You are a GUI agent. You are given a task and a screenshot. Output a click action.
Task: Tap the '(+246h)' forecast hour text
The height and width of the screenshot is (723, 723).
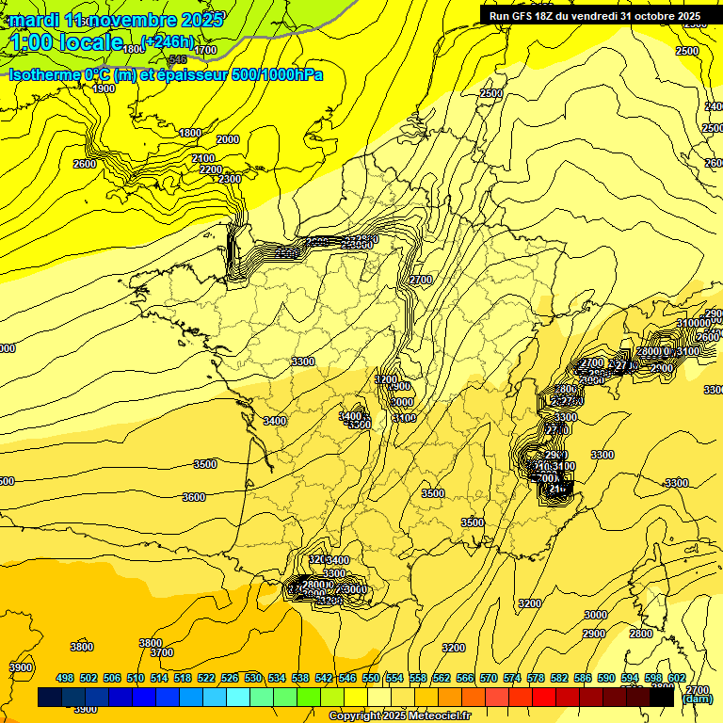(x=168, y=40)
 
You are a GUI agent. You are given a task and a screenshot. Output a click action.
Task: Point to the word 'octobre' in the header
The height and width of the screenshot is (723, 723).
(x=651, y=16)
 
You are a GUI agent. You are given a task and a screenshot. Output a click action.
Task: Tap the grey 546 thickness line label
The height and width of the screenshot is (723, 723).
(x=178, y=59)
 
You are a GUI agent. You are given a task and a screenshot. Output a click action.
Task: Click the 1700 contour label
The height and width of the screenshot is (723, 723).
(x=205, y=50)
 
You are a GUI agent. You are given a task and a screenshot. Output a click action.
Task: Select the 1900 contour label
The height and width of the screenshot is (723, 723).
(x=104, y=88)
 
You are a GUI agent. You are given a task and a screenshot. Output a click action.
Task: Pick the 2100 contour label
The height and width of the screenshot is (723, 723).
(x=203, y=158)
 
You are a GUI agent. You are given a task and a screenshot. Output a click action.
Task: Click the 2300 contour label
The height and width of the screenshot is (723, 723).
(x=230, y=178)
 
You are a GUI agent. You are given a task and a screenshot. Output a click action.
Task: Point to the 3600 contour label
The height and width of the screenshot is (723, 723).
(x=194, y=497)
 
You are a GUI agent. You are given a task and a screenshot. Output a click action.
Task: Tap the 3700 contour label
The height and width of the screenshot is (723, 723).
(x=162, y=652)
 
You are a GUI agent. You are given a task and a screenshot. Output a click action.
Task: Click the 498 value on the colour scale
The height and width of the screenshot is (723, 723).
(x=65, y=678)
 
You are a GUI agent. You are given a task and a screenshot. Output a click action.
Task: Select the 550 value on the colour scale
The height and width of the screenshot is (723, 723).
(x=371, y=678)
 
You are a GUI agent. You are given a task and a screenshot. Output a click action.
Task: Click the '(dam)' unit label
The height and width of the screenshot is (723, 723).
(x=698, y=699)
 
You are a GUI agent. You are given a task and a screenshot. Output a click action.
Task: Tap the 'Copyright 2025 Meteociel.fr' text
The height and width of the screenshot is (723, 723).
(x=399, y=716)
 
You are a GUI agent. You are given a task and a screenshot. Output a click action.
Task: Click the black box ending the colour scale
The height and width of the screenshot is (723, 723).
(x=662, y=697)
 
